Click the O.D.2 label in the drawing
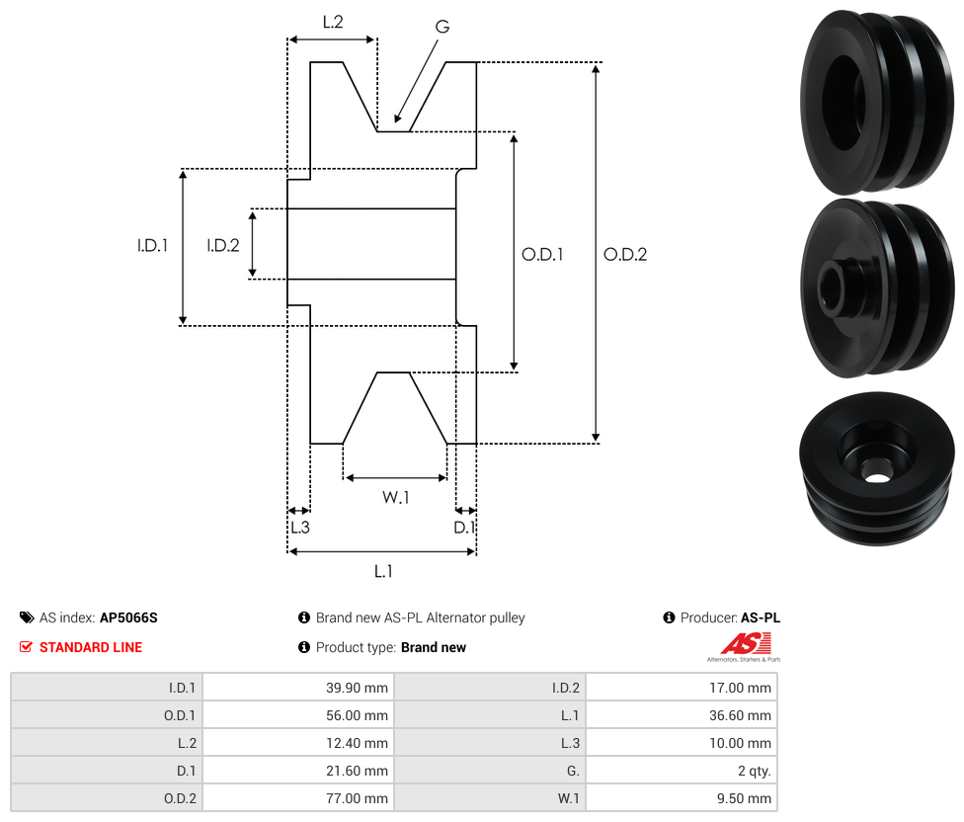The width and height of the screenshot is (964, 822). [x=625, y=254]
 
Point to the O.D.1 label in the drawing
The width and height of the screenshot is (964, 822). [x=542, y=254]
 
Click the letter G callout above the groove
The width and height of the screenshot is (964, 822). [x=442, y=27]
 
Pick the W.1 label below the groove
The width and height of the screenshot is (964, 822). [x=396, y=498]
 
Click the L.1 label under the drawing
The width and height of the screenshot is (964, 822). [x=383, y=571]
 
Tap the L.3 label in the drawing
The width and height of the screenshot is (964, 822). [x=299, y=528]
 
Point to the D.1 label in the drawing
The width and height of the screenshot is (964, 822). [x=464, y=528]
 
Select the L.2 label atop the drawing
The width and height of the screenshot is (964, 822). [x=333, y=21]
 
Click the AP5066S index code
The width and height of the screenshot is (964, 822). [x=128, y=617]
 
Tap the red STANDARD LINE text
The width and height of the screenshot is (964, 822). [x=91, y=647]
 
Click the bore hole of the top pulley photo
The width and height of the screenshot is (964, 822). [x=843, y=102]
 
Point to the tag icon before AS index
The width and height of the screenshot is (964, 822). [x=27, y=617]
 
